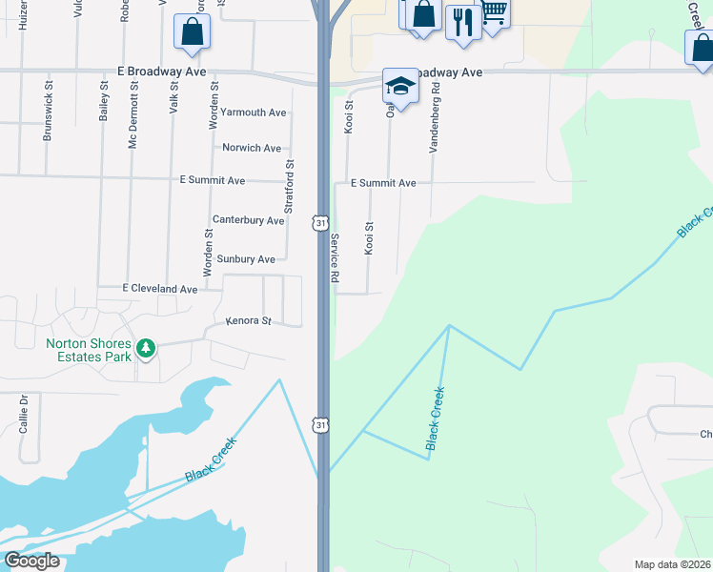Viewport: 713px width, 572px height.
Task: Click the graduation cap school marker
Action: [x=401, y=87]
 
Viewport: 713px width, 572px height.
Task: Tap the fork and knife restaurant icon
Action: [x=463, y=22]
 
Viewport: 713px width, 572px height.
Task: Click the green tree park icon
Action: [x=146, y=348]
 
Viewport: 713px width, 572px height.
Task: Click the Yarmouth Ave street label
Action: [x=253, y=112]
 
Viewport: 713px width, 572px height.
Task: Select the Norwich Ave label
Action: [x=252, y=148]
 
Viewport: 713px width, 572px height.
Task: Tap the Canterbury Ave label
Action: [x=248, y=220]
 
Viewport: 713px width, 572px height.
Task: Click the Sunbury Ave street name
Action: [x=246, y=258]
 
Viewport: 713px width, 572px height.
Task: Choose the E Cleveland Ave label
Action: [x=160, y=288]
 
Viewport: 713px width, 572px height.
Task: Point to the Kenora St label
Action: [x=249, y=321]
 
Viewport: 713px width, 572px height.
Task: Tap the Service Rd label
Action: [x=335, y=258]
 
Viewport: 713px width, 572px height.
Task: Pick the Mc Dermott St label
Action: [x=133, y=112]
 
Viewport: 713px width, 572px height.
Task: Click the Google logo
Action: [x=32, y=561]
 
